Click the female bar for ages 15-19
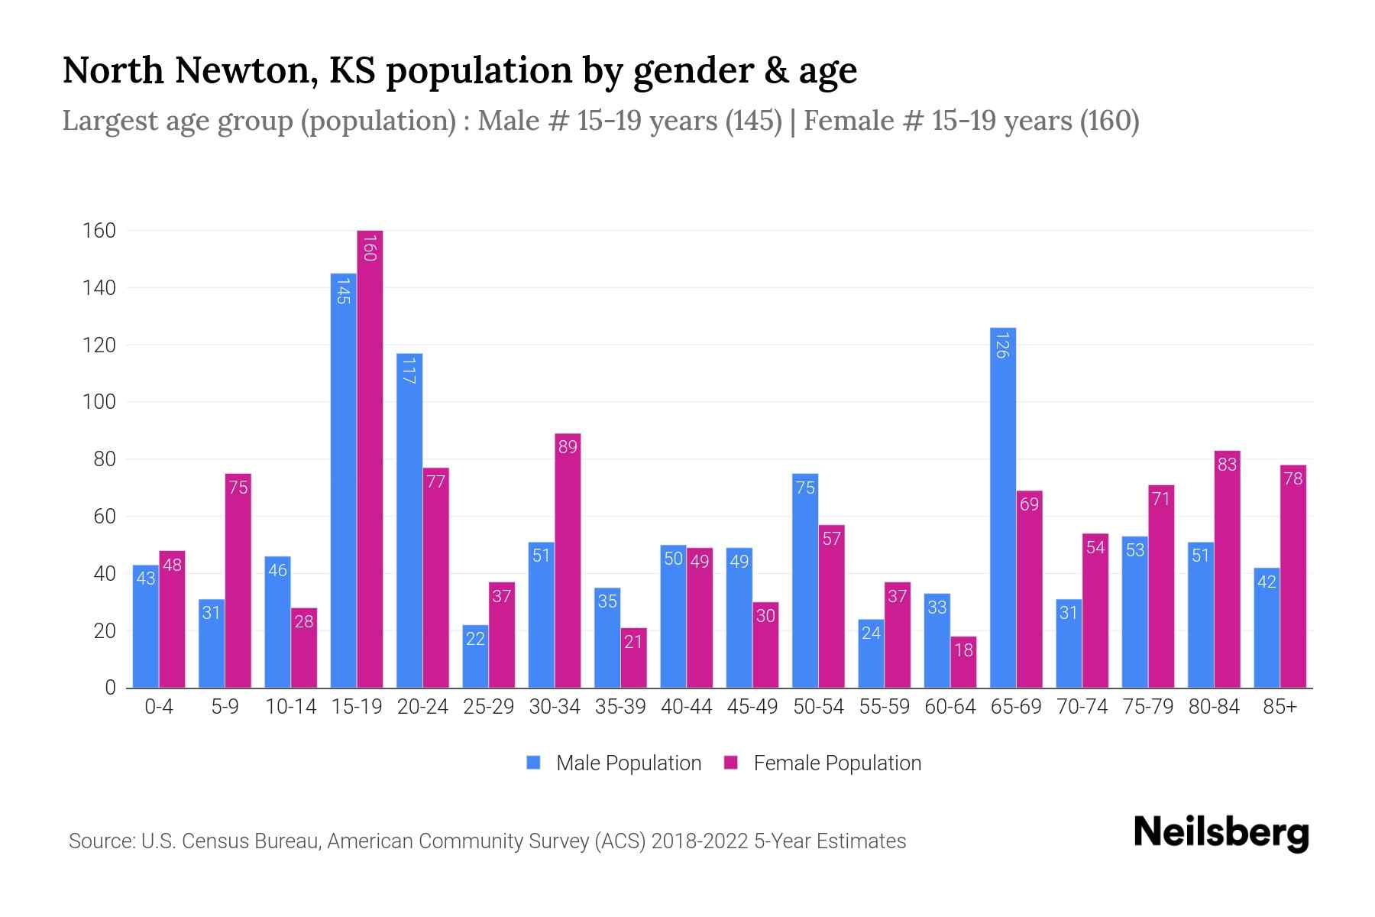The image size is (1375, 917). [x=370, y=458]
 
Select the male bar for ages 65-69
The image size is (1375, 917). [x=1003, y=508]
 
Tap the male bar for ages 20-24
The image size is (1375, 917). [x=409, y=520]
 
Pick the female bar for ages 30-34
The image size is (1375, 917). [x=568, y=562]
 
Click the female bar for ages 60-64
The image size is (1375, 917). [x=963, y=663]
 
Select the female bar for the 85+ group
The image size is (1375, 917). [x=1293, y=577]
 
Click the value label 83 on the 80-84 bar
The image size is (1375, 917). [x=1227, y=465]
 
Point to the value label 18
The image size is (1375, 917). [x=963, y=650]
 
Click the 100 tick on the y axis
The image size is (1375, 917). [x=99, y=402]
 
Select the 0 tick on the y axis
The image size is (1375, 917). [x=110, y=688]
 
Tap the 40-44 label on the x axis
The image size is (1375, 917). [x=686, y=707]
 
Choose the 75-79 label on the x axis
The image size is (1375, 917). [x=1147, y=707]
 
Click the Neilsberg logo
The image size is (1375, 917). [x=1221, y=833]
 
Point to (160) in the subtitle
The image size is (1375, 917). [x=1109, y=121]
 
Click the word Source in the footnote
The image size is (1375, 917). [x=101, y=841]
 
